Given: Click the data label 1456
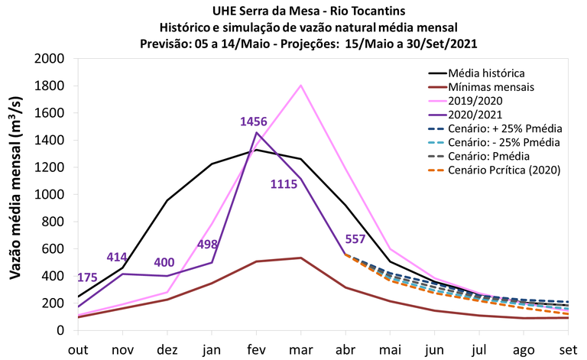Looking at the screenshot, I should (255, 122).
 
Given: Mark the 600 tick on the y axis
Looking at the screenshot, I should (55, 248).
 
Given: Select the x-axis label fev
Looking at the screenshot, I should (256, 348).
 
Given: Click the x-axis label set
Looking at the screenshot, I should (568, 348).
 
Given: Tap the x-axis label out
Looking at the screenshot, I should (78, 348).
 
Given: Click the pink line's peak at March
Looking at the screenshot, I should (301, 85).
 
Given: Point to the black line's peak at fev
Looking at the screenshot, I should (257, 150).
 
